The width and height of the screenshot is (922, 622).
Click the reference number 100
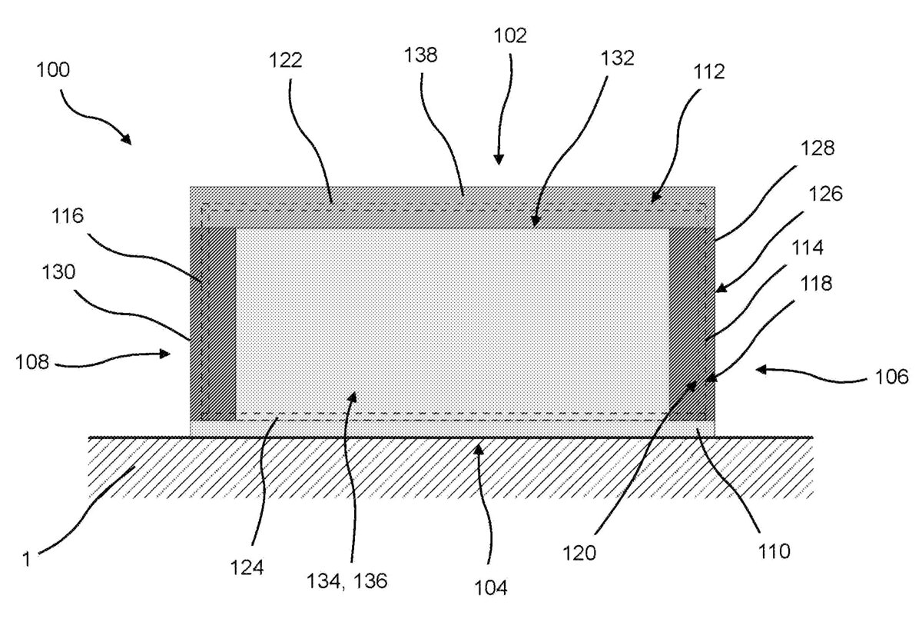click(53, 70)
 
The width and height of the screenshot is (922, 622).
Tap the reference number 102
click(510, 35)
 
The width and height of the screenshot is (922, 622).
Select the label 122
click(286, 60)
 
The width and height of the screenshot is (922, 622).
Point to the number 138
click(421, 55)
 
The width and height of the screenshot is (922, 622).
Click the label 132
click(618, 58)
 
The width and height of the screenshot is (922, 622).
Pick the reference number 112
click(709, 72)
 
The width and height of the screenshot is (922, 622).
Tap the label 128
click(818, 148)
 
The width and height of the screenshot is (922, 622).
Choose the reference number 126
click(826, 193)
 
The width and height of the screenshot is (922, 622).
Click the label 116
click(68, 215)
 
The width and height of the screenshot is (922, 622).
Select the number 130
click(58, 272)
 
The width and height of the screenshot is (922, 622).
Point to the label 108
click(32, 362)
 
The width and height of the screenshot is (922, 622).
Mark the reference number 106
click(891, 377)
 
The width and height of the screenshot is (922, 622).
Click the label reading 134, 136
click(347, 580)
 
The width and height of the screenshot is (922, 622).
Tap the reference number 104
click(491, 588)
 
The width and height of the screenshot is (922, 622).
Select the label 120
click(579, 554)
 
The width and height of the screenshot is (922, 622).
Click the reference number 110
click(774, 551)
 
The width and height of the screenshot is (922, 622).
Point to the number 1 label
click(26, 560)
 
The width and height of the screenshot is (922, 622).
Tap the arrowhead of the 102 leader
click(499, 160)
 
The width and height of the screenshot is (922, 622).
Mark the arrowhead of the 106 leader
click(761, 370)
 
